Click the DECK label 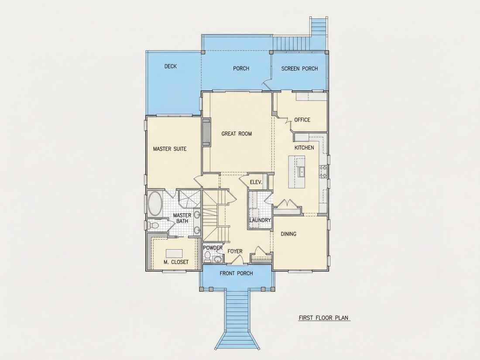tap(171, 66)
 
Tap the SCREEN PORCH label tap(299, 69)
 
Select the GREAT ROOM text tap(237, 134)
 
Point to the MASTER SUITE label tap(170, 149)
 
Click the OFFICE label tap(302, 120)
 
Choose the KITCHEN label tap(304, 147)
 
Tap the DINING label tap(289, 234)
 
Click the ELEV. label tap(256, 182)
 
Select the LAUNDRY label tap(260, 220)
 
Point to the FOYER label tap(235, 251)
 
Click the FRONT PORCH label tap(237, 273)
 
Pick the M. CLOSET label tap(176, 262)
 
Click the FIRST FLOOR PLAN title tap(324, 318)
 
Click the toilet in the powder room tap(208, 257)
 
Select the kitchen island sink tap(301, 172)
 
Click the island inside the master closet tap(175, 253)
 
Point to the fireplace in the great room tap(207, 132)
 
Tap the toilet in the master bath tap(153, 226)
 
